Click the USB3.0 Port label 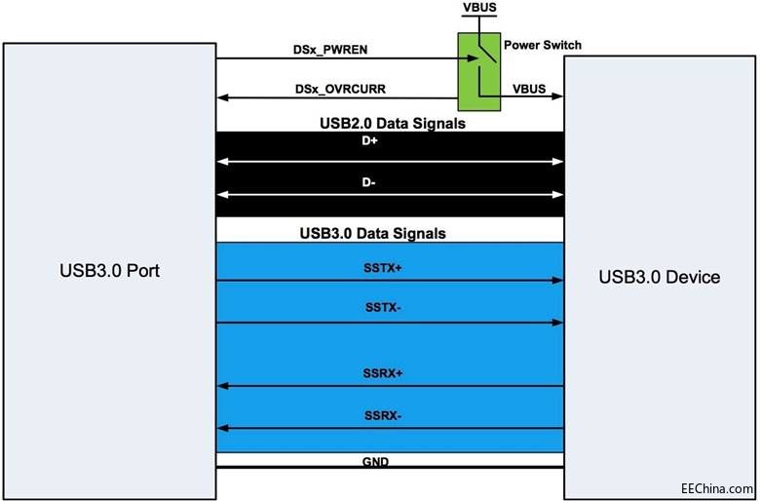click(x=107, y=270)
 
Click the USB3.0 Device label click(x=660, y=278)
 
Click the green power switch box click(x=477, y=70)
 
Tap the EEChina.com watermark click(x=716, y=487)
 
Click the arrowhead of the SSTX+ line click(x=559, y=280)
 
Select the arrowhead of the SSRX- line click(x=221, y=428)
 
